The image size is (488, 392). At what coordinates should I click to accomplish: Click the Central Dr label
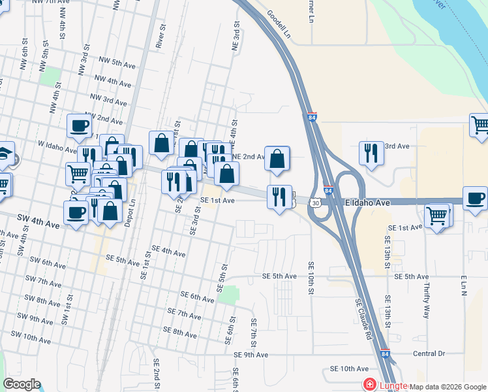pos(428,353)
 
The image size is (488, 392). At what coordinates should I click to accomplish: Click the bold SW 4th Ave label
pos(36,225)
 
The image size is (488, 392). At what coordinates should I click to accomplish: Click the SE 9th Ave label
pos(251,355)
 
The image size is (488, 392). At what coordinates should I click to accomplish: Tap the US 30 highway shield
pos(316,203)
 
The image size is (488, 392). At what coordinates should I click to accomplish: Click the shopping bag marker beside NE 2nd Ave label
pos(277,158)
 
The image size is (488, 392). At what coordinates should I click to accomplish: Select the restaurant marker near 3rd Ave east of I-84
pos(371,153)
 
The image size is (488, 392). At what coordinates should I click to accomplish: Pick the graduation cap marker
pos(5,154)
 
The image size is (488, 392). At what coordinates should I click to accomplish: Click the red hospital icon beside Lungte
pos(370,385)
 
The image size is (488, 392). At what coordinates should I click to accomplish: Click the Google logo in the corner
pos(22,384)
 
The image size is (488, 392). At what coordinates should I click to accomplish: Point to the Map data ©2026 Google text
pos(448,387)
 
